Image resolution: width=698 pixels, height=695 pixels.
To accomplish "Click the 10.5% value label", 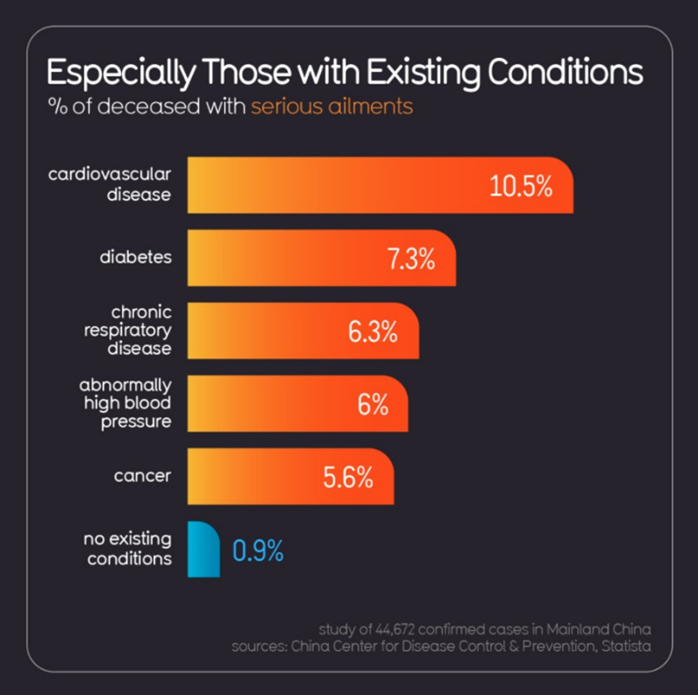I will [x=521, y=187].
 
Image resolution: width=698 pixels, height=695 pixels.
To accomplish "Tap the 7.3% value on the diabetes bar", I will [x=410, y=260].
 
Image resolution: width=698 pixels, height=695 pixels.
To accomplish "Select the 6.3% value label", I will [x=372, y=332].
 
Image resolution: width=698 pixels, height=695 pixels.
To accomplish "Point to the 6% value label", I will [x=373, y=404].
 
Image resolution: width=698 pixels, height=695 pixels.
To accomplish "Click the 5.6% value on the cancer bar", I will [x=347, y=477].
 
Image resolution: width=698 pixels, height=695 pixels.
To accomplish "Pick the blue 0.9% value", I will [x=258, y=551].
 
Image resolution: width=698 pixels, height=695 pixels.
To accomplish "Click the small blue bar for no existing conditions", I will [x=204, y=550].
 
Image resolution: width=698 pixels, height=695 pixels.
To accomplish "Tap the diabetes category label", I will [x=135, y=257].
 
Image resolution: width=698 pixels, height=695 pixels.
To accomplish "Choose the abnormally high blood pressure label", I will [x=124, y=402].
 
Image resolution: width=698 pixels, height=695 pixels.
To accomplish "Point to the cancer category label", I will [x=142, y=475].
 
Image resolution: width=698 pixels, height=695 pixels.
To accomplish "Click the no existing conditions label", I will [x=127, y=549].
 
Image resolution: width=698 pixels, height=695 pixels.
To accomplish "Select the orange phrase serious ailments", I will [x=332, y=106].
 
